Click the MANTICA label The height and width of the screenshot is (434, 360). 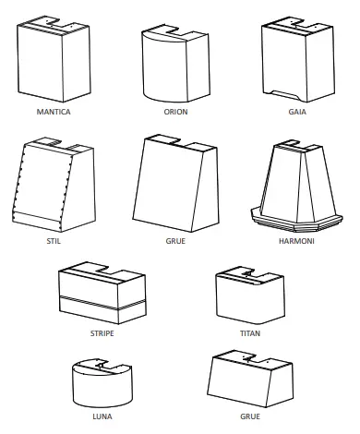[x=53, y=112]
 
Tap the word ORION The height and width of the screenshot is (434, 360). [x=175, y=112]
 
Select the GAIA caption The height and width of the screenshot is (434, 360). [x=297, y=112]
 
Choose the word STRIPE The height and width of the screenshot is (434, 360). [x=101, y=332]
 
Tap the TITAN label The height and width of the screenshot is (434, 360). [x=250, y=332]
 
